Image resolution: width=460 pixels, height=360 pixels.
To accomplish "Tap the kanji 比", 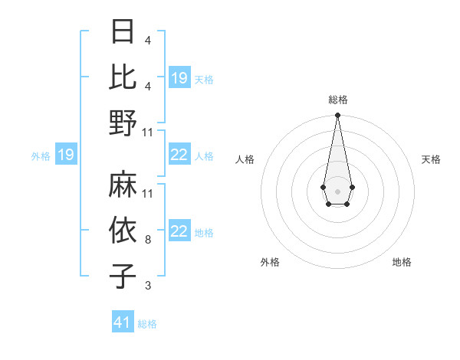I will [x=123, y=77].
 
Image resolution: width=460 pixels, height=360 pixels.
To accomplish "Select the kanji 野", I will [x=123, y=123].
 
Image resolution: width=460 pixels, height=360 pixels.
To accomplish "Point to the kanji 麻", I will [x=123, y=184].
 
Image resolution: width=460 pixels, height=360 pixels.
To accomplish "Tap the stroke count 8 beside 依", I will [x=147, y=240].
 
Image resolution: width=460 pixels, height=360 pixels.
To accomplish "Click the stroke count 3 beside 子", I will [x=147, y=286].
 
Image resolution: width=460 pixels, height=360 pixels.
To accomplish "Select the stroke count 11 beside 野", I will [x=148, y=133].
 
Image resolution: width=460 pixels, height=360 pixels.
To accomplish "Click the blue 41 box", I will [x=123, y=322].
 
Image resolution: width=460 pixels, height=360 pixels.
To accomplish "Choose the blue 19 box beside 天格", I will [x=179, y=77].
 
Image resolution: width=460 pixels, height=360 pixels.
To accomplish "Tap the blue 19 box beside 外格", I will [x=66, y=155].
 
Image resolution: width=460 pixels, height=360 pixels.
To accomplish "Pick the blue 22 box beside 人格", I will [x=179, y=155].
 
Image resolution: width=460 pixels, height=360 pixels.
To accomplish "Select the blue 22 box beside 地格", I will [x=179, y=232].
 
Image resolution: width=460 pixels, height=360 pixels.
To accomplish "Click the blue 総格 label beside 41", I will [x=147, y=324].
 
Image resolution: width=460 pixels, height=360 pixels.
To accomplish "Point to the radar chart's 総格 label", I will [x=337, y=100].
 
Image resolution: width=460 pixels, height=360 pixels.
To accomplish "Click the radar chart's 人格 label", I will [x=245, y=159].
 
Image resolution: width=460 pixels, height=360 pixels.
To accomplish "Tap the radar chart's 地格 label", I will [x=402, y=263].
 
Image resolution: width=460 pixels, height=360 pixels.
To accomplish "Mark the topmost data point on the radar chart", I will [x=337, y=116].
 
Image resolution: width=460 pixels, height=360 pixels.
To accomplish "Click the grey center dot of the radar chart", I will [x=337, y=190].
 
